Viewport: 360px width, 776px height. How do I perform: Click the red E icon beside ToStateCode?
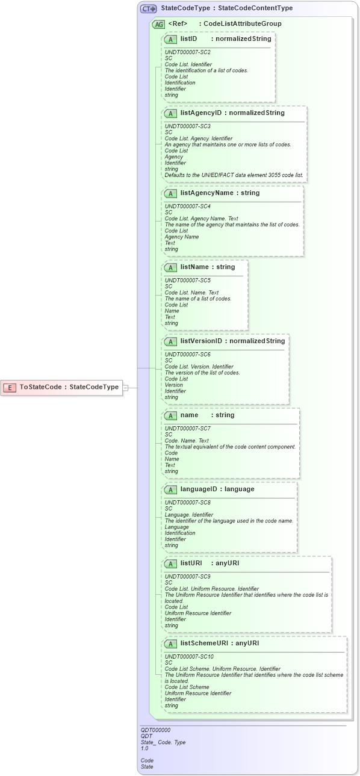point(10,387)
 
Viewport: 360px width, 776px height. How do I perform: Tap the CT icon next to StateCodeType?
point(148,9)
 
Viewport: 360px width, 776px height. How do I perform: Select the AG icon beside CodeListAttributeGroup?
point(159,24)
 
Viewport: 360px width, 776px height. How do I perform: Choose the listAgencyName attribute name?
point(204,193)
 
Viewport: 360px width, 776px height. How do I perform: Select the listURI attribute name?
point(191,563)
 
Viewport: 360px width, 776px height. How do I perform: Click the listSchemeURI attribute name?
point(203,643)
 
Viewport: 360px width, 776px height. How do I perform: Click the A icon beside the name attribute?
point(170,415)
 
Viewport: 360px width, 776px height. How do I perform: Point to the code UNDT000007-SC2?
point(188,52)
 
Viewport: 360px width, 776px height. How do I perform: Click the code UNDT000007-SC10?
point(189,656)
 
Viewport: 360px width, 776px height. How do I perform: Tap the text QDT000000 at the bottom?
point(155,730)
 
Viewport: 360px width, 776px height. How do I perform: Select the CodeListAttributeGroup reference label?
point(242,23)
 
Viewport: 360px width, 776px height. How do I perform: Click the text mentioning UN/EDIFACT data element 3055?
point(234,175)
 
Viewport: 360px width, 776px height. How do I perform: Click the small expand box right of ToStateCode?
point(125,387)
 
